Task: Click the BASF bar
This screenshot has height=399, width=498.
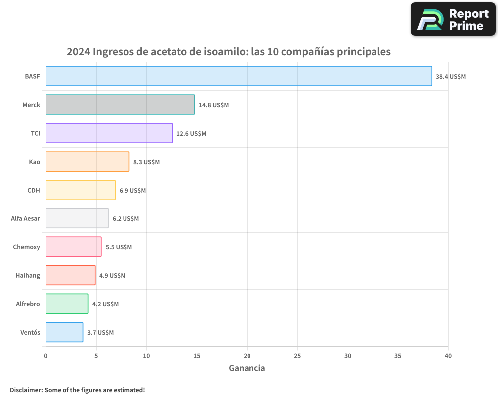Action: click(x=239, y=76)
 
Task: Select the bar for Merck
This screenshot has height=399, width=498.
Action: click(x=120, y=105)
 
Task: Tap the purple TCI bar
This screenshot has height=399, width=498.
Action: click(x=109, y=133)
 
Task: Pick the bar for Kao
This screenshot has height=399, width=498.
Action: click(x=88, y=162)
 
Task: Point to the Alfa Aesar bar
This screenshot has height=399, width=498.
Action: click(x=77, y=218)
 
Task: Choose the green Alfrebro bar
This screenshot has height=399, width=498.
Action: click(x=67, y=304)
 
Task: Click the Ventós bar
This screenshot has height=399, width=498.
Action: click(x=64, y=332)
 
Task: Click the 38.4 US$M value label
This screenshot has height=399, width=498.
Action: click(x=451, y=77)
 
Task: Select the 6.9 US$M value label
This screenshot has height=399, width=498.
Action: click(x=132, y=191)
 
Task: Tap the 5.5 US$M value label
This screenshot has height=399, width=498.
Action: click(x=119, y=247)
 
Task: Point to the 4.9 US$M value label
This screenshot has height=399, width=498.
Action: click(x=112, y=276)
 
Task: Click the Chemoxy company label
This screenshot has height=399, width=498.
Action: click(x=27, y=247)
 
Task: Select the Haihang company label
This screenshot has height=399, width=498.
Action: click(x=28, y=276)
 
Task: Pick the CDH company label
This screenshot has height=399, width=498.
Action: click(x=34, y=191)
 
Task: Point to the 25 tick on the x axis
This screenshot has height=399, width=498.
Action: click(x=297, y=356)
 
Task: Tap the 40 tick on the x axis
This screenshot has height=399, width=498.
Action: click(x=448, y=356)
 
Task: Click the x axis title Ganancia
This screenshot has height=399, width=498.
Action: click(x=247, y=368)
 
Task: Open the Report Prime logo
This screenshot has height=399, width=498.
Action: click(x=453, y=19)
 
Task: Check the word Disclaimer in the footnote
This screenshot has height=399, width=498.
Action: click(x=26, y=390)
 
